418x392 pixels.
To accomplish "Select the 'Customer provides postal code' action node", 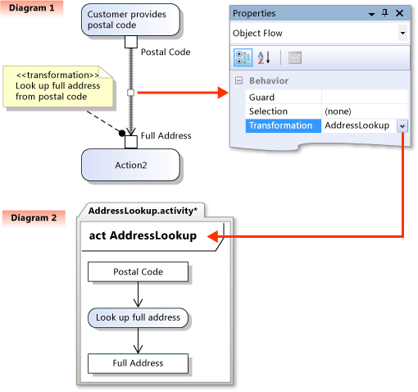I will [131, 20].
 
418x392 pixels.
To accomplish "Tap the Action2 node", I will [130, 166].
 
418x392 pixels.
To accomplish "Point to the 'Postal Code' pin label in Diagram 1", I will [166, 52].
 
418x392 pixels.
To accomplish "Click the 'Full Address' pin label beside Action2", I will [166, 135].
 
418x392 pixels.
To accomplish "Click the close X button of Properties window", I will [399, 14].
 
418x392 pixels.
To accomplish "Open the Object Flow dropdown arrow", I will [402, 34].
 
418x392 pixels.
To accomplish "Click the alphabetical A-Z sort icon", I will [264, 57].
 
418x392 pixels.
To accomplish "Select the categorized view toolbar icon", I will [243, 57].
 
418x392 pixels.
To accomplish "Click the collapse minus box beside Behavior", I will [239, 81].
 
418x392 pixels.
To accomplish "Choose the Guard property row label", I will [261, 96].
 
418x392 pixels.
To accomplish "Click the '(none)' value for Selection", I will [340, 111].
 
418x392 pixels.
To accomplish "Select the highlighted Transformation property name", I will [281, 125].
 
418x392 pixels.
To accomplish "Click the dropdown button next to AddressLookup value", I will [402, 125].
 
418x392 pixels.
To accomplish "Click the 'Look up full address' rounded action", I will [139, 317].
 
